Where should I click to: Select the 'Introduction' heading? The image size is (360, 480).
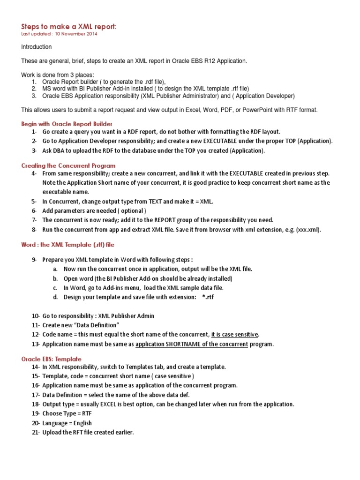(x=37, y=47)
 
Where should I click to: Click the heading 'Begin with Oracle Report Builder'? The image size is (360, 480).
(x=67, y=124)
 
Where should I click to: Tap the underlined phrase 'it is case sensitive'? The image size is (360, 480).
(x=234, y=334)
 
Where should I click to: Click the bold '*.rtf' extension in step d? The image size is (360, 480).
(x=208, y=297)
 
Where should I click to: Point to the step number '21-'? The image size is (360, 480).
(x=36, y=432)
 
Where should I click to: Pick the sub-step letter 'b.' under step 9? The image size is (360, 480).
(x=55, y=278)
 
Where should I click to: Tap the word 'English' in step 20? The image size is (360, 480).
(x=81, y=423)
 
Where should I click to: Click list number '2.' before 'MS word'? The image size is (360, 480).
(x=34, y=88)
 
